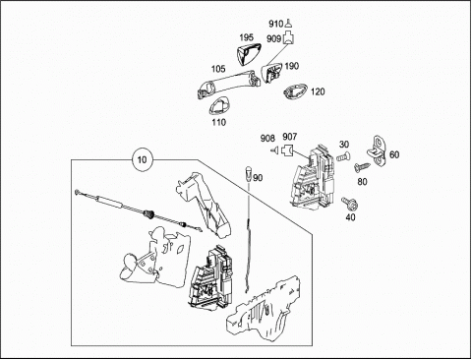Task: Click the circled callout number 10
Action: click(x=142, y=159)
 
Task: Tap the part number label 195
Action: click(x=247, y=37)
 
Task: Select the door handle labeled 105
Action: click(x=229, y=84)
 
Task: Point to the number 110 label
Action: click(x=219, y=122)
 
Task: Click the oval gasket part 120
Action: click(x=295, y=90)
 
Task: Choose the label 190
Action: click(x=292, y=66)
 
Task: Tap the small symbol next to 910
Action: click(x=288, y=24)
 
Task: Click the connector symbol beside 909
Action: click(x=288, y=37)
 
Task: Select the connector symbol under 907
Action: click(x=287, y=150)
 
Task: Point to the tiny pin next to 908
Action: click(x=274, y=150)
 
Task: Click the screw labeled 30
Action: click(x=343, y=156)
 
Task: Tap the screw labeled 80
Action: click(x=362, y=167)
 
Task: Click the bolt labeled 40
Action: click(x=349, y=204)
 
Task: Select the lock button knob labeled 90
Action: click(x=249, y=173)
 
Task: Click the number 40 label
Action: click(x=350, y=217)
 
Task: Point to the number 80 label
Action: click(x=362, y=181)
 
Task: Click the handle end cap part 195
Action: click(x=248, y=53)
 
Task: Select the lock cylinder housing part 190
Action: click(x=271, y=72)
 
